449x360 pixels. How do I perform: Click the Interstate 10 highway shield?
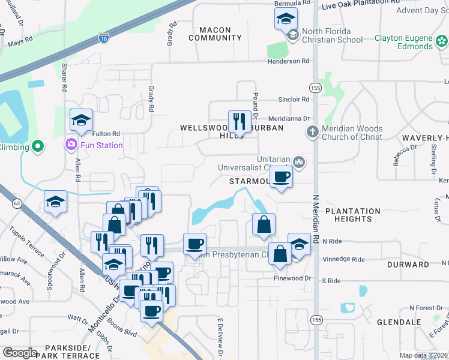104,37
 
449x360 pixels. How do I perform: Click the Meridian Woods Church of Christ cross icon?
312,131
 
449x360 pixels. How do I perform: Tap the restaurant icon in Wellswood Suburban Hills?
240,121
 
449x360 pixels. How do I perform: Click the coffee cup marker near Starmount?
280,176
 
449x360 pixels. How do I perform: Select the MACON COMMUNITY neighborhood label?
215,34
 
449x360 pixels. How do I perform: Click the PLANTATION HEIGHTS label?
353,215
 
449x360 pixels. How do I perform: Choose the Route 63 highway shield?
16,204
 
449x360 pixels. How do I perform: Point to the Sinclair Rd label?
292,100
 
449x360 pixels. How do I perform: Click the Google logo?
20,353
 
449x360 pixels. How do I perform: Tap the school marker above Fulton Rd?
81,120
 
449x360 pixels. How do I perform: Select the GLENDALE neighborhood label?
399,322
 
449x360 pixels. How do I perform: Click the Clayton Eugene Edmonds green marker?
442,41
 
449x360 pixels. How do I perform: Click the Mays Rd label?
20,43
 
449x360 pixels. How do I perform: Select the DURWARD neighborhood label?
404,264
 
